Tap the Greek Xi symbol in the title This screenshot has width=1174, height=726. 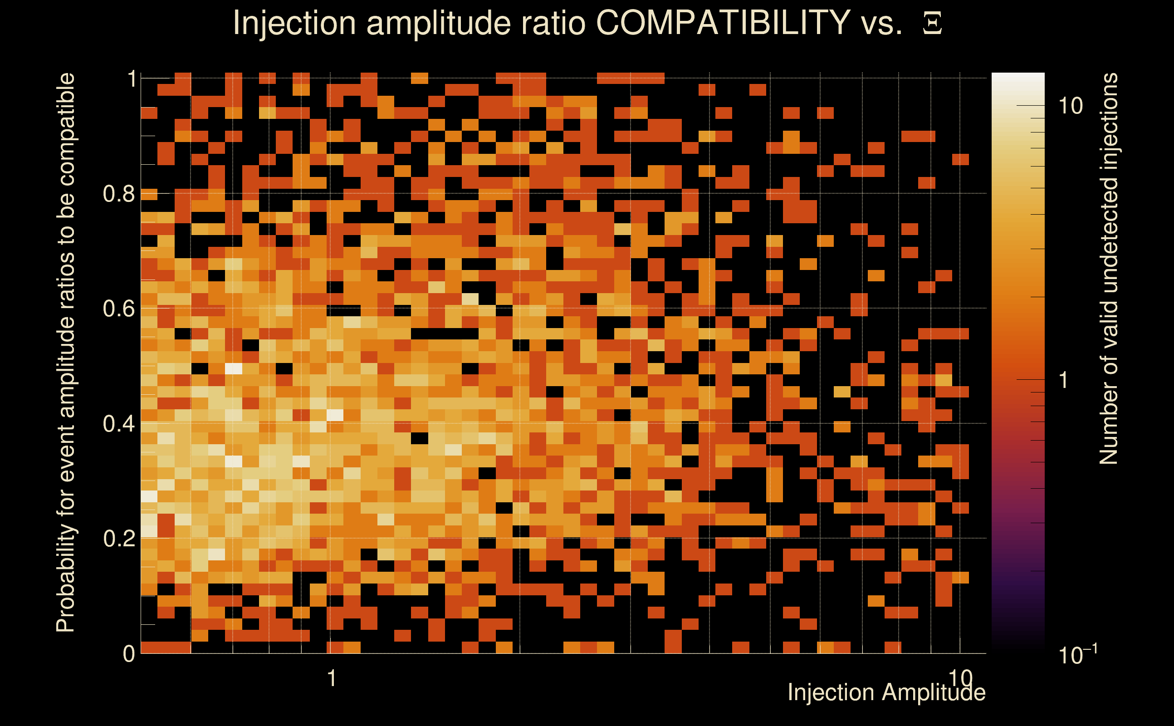pos(932,23)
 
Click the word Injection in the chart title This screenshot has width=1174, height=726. pos(294,23)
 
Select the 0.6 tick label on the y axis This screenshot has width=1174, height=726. pos(118,308)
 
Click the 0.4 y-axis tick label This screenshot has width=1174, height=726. pos(118,423)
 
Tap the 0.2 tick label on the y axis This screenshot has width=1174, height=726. pos(118,538)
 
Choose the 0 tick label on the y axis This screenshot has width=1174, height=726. pos(129,654)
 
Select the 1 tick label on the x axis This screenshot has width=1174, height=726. pos(331,678)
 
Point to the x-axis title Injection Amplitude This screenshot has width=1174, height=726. pos(886,693)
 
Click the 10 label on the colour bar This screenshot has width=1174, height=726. pos(1070,106)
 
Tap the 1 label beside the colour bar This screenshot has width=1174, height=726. pos(1064,380)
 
